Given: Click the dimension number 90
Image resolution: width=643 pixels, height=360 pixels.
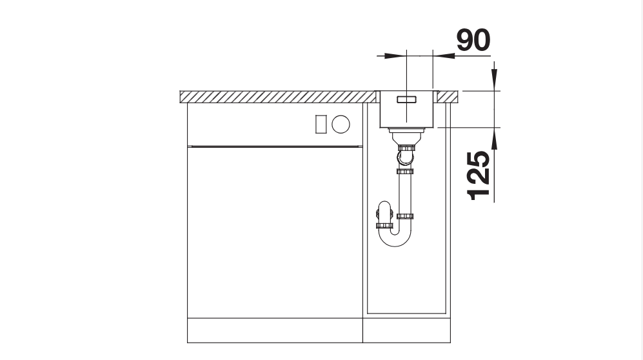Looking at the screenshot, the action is pos(473,40).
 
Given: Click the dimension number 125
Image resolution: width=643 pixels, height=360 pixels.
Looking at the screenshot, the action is pos(479,176).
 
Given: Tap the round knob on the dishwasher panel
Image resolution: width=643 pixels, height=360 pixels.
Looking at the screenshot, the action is pos(341,125).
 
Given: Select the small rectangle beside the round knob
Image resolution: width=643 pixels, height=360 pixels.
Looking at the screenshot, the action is pos(321,125).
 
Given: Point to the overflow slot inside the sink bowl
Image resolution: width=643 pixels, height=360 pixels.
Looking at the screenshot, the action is pos(406,99).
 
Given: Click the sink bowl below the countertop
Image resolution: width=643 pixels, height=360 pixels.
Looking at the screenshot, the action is pos(406,110).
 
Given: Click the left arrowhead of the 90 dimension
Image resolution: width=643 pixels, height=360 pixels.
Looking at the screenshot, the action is pos(393,56).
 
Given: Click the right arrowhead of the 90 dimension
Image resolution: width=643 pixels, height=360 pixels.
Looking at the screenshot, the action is pos(444,56).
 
